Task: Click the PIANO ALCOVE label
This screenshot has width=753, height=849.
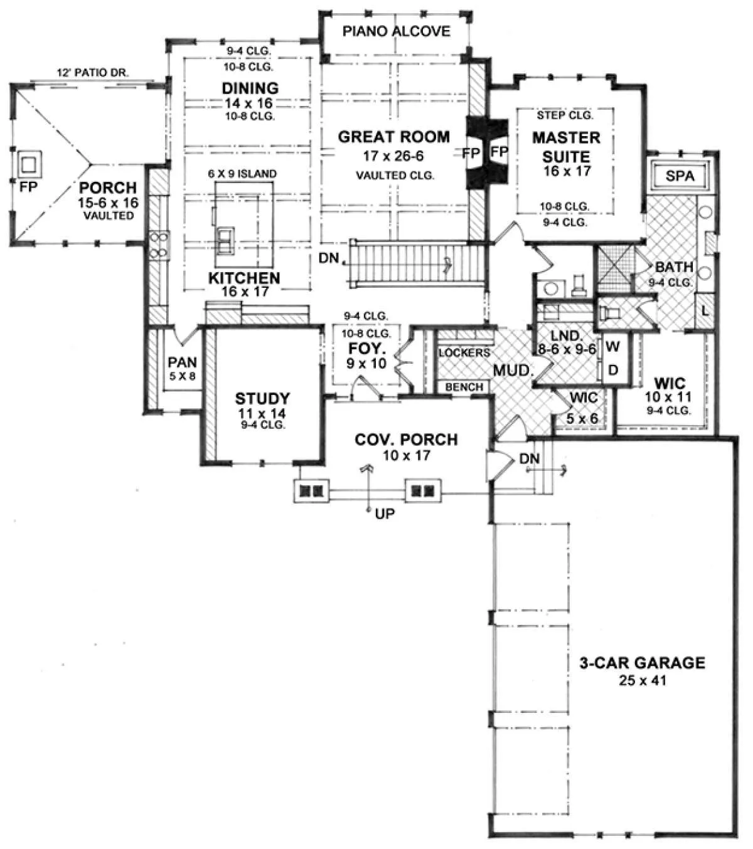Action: coord(396,31)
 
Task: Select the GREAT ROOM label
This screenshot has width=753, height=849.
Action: coord(393,137)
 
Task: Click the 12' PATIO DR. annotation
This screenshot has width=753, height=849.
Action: coord(93,73)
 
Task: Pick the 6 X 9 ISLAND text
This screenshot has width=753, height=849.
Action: coord(242,174)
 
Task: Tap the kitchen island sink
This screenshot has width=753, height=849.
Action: coord(225,241)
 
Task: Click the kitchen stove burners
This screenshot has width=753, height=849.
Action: coord(159,245)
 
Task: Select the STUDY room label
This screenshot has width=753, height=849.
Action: coord(262,398)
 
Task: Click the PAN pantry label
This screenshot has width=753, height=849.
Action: coord(182,362)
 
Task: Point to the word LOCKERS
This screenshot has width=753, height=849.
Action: coord(464,353)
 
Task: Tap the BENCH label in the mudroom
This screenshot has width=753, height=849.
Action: coord(464,387)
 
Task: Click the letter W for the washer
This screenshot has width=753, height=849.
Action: coord(613,346)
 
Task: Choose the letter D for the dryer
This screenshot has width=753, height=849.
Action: coord(613,369)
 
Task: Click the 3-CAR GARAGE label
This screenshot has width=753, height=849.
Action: coord(643,663)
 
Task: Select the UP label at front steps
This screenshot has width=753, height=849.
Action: coord(385,514)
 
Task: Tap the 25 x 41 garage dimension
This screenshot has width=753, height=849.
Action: coord(643,680)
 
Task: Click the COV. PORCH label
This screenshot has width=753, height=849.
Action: coord(405,439)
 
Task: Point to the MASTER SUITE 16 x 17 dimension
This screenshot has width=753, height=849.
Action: coord(567,171)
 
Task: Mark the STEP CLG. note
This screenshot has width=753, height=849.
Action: coord(565,115)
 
